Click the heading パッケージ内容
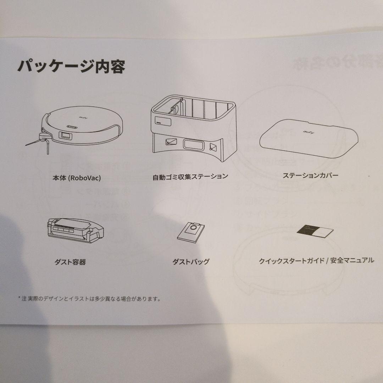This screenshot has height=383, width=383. (71, 66)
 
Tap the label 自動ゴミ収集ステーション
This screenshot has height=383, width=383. (190, 176)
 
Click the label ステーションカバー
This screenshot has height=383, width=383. (310, 175)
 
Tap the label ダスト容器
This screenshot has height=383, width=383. (70, 262)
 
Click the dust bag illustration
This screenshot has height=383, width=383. (192, 232)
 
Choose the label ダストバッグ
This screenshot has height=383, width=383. (191, 262)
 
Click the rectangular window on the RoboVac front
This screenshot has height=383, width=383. (65, 135)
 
